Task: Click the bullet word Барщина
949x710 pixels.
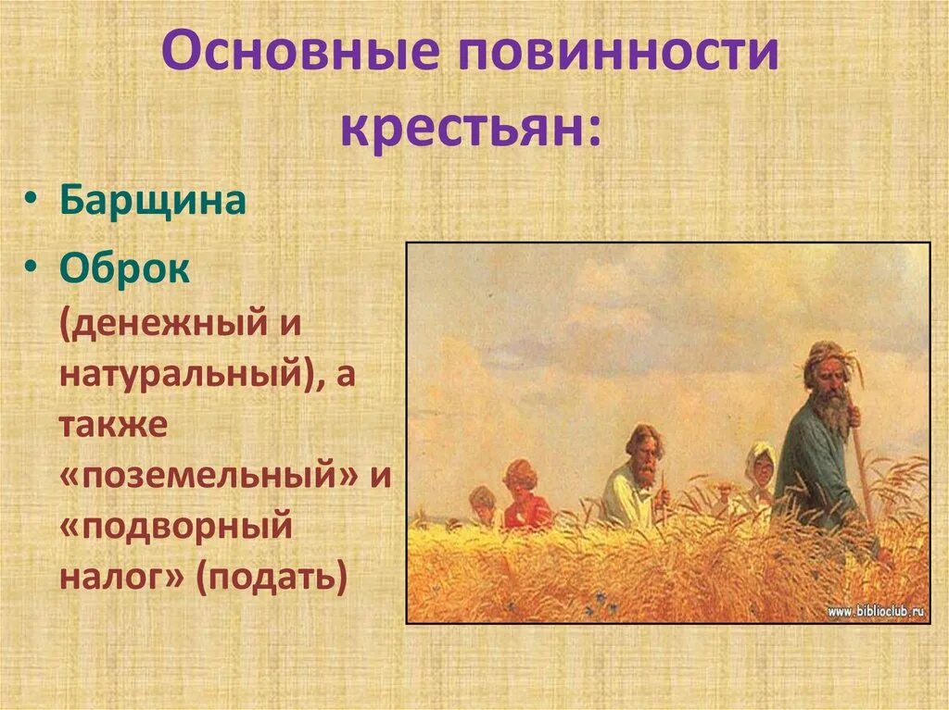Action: tap(153, 200)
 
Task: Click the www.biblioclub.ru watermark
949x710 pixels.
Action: tap(875, 611)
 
